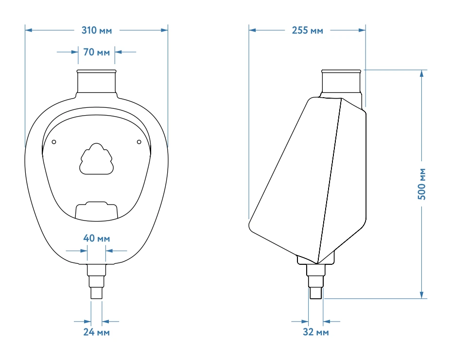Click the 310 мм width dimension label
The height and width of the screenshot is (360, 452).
97,31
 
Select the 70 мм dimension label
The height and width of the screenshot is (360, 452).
96,52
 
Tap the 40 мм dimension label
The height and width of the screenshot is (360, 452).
96,239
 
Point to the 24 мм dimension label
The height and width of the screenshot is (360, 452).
96,332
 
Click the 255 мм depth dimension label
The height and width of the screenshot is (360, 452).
307,31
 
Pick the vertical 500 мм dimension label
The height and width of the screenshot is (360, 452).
422,184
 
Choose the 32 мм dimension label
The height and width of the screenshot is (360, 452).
316,332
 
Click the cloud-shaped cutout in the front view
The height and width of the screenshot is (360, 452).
96,159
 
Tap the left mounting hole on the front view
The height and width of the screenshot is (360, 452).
54,142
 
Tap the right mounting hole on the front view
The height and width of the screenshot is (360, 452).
139,142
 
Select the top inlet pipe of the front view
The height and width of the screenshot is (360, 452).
97,83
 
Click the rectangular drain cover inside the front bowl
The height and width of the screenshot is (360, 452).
97,211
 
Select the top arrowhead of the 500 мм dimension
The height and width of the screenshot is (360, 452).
422,73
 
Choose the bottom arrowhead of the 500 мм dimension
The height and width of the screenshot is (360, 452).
422,295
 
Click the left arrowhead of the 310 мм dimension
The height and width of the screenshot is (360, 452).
28,30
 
